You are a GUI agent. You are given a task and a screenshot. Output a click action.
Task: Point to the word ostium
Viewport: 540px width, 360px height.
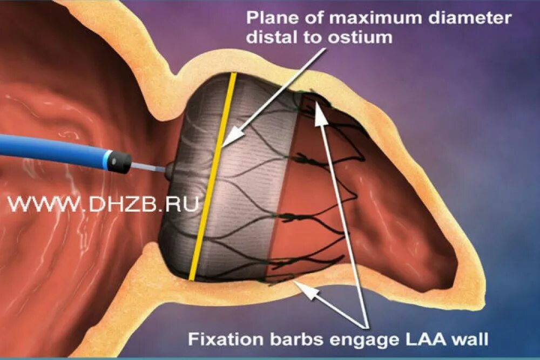(364, 37)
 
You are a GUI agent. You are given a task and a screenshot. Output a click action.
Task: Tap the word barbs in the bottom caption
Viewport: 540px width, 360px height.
(291, 339)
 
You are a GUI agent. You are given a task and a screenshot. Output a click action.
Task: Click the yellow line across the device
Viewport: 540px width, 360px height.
(212, 178)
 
